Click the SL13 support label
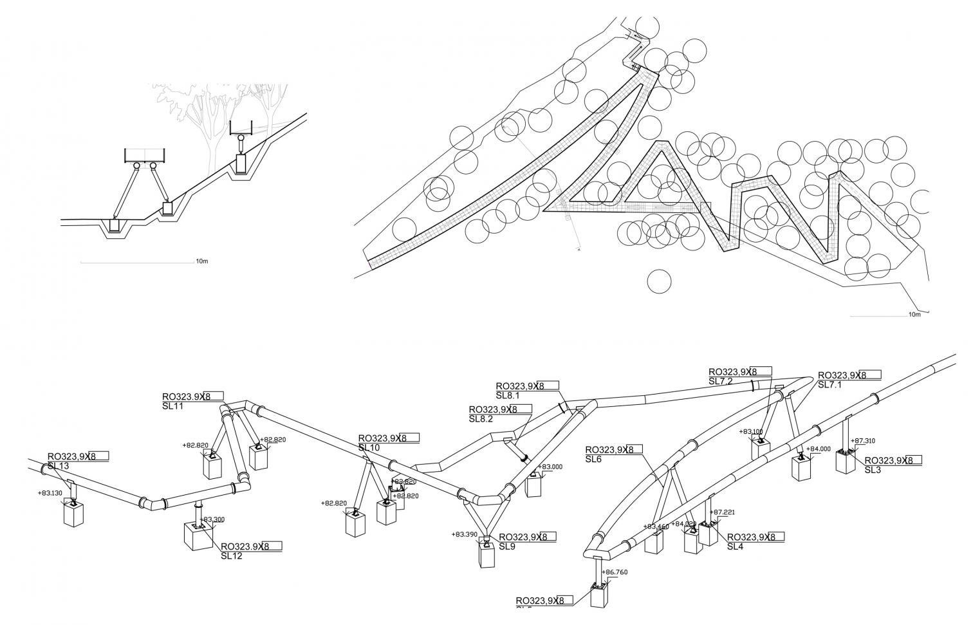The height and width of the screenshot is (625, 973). point(58,465)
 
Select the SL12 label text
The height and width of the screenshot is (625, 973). point(231,555)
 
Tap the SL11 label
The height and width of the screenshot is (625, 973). point(173,406)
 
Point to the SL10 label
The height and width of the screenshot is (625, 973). point(369,447)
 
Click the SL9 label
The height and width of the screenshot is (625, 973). point(507,546)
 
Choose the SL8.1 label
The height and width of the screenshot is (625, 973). point(507,395)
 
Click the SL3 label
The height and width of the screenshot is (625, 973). point(872,470)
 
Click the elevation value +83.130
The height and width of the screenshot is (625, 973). point(51,494)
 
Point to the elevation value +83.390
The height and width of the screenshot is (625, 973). point(465,534)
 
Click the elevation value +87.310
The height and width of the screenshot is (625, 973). point(863,441)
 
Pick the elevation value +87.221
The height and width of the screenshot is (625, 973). point(721,512)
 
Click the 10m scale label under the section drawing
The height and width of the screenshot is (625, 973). point(201,261)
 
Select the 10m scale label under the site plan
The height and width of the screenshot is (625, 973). point(914,315)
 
